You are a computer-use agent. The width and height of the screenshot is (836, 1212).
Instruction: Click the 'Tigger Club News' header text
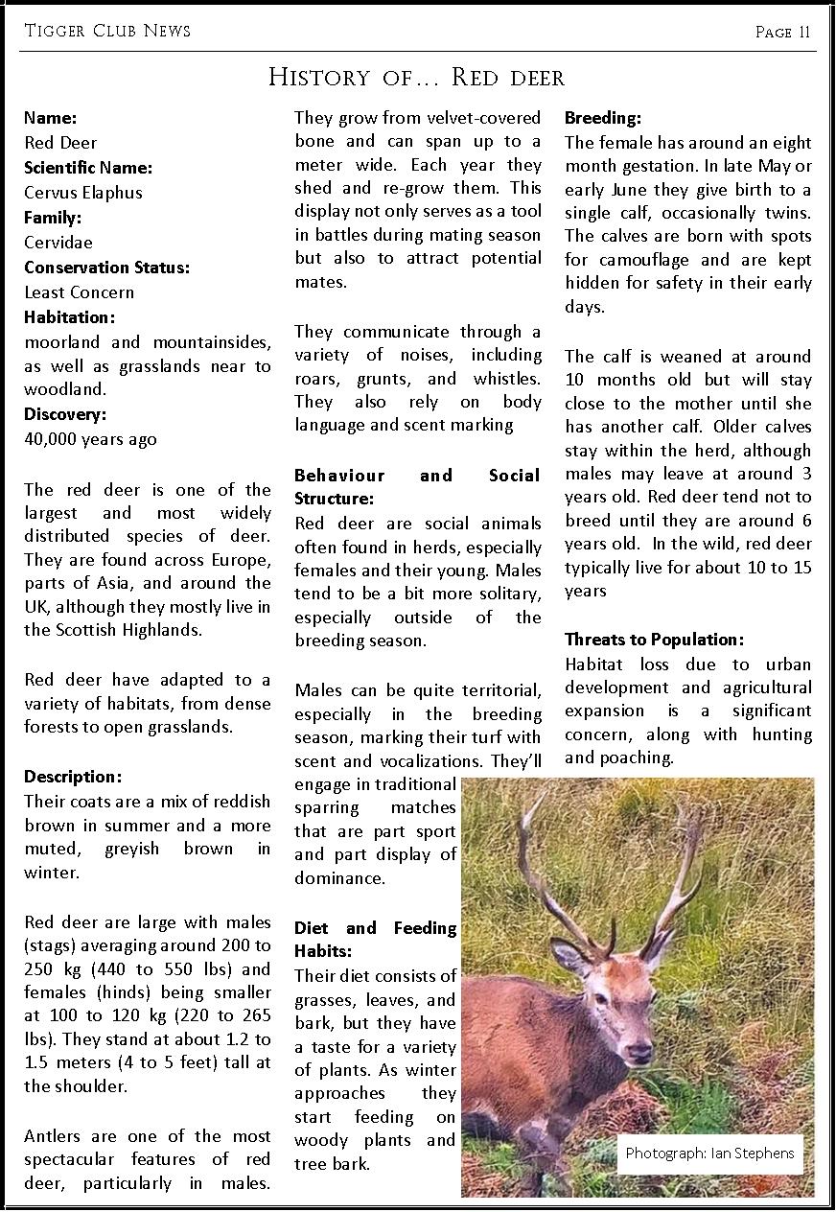(107, 31)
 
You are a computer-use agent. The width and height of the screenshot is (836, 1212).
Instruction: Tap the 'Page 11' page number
(782, 32)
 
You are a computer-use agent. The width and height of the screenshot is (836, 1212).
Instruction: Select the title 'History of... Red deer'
(417, 77)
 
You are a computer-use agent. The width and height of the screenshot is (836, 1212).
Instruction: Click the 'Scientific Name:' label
(88, 168)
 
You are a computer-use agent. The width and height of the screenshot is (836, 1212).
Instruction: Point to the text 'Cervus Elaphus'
(83, 193)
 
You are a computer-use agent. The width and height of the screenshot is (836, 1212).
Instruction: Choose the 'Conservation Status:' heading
(106, 268)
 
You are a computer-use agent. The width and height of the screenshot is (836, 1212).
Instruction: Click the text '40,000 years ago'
(90, 440)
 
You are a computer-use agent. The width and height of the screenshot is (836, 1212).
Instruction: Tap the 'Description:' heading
(73, 777)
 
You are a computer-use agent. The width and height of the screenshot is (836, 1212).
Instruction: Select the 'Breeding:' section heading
(602, 118)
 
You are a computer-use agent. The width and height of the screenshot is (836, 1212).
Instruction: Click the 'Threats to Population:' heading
(654, 640)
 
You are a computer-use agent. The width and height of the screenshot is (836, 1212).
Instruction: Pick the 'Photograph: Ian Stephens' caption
(709, 1154)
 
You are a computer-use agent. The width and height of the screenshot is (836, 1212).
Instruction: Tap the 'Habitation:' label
(69, 317)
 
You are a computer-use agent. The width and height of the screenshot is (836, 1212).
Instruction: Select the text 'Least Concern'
(80, 292)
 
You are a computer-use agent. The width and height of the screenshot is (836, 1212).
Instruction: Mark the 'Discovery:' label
(65, 415)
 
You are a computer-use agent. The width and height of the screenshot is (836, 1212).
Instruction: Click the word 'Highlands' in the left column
(160, 630)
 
